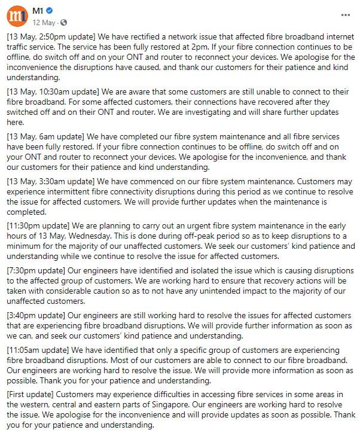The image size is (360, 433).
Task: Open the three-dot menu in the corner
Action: point(346,15)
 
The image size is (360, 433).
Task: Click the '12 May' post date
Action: point(44,22)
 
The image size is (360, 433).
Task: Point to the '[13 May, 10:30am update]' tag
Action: point(53,92)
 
